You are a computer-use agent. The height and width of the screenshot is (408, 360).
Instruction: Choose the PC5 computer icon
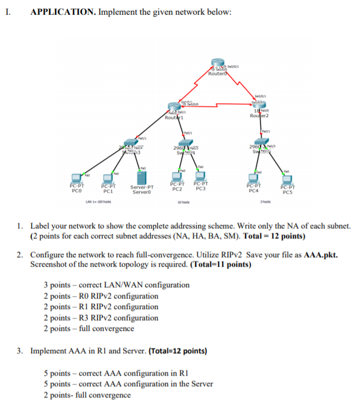pos(288,179)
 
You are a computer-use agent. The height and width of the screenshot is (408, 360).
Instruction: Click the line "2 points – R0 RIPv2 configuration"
pos(101,296)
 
